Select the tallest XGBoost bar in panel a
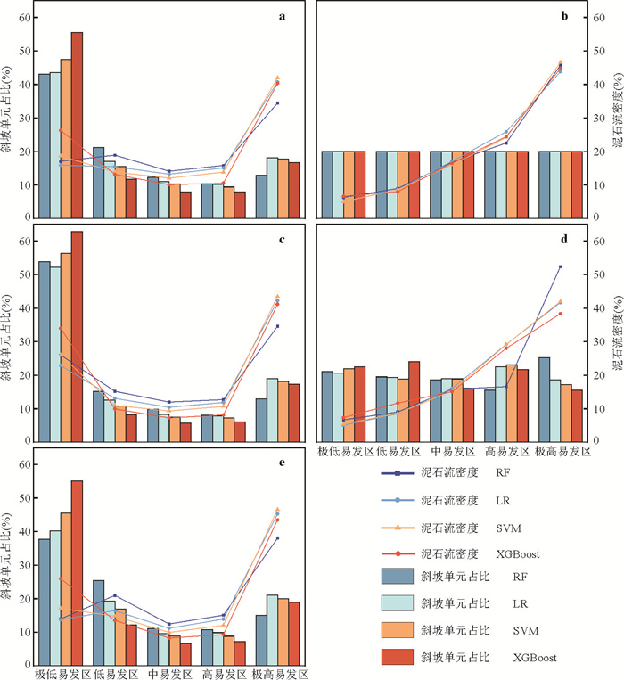(77, 125)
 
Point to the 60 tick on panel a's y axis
(23, 18)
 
